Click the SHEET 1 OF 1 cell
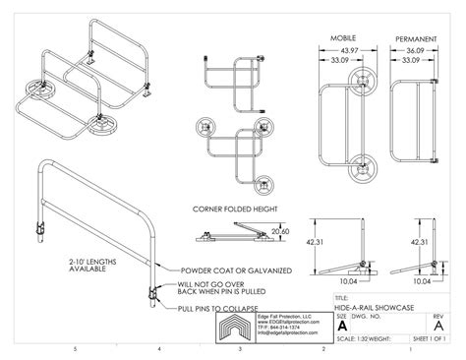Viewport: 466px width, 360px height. (436, 337)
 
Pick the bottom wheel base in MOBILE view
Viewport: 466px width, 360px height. (365, 167)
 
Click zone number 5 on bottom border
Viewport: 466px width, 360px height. (76, 348)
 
